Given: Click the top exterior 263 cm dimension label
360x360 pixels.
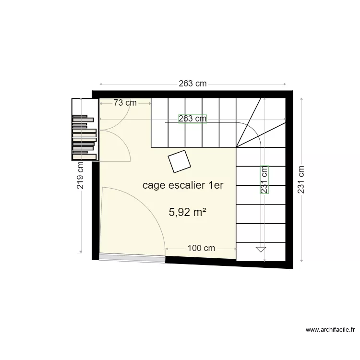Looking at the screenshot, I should tap(192, 84).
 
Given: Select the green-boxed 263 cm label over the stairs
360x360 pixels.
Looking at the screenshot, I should tap(192, 119).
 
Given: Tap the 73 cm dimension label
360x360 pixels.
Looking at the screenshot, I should tap(125, 103).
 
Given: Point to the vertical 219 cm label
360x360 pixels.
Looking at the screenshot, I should tap(80, 174).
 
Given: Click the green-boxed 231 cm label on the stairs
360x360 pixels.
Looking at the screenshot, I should tap(264, 180).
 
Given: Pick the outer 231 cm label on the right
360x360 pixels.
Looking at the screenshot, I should tap(301, 180).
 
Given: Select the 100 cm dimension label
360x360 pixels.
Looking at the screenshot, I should tap(201, 248).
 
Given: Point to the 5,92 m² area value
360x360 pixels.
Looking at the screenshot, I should tap(184, 212).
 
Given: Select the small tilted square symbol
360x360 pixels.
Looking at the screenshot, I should tap(179, 161).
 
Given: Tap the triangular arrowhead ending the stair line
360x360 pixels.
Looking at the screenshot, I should tap(261, 249).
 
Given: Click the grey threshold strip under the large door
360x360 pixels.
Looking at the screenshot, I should tap(132, 259).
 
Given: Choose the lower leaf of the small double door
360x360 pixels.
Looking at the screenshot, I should tap(115, 146).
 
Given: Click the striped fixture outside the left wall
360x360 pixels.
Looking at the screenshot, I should tap(84, 137).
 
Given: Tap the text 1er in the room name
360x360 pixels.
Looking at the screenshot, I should tap(215, 185).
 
